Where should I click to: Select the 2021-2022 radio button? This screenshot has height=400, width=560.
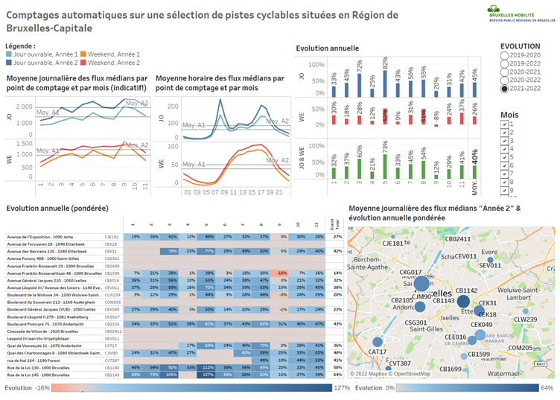[505, 89]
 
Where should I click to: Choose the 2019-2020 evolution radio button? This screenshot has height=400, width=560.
[505, 55]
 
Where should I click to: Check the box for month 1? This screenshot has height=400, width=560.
[505, 124]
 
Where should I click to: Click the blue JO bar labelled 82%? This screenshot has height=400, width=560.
[386, 83]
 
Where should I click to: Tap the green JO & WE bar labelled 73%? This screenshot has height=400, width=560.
[386, 164]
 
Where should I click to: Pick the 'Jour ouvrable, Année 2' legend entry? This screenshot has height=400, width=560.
[42, 63]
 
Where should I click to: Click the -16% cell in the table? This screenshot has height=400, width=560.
[282, 273]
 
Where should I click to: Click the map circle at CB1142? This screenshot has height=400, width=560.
[462, 302]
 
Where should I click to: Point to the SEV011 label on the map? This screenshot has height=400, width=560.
[490, 265]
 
